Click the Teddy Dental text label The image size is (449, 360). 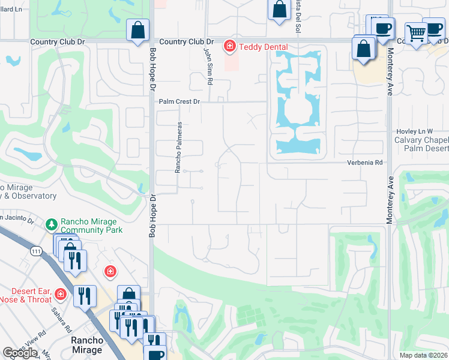pos(263,47)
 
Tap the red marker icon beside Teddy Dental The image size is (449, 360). pos(229,46)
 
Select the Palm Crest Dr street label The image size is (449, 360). pos(179,102)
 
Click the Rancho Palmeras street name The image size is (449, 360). pos(178,148)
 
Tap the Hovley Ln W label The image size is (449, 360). pos(415,131)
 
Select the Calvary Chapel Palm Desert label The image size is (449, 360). pos(421,144)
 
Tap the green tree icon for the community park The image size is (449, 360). pos(52,224)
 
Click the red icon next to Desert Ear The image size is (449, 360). pos(60,294)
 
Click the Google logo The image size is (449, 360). pos(19,353)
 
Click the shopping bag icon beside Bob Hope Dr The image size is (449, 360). pos(137,29)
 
